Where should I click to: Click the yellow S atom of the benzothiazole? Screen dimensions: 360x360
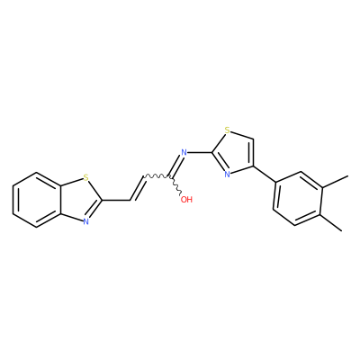point(86,178)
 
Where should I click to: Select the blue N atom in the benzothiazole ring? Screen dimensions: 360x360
point(86,221)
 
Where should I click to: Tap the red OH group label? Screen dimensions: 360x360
point(186,200)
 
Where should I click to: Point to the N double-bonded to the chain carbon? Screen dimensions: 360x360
point(184,152)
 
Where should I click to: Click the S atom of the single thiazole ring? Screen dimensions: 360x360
point(228,130)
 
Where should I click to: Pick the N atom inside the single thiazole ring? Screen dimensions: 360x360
point(228,174)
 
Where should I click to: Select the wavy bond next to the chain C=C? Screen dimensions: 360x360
point(158,175)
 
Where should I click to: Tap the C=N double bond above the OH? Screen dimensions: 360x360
point(176,165)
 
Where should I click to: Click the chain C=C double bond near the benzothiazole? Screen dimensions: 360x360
point(138,187)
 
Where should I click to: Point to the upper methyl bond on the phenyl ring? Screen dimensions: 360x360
point(336,182)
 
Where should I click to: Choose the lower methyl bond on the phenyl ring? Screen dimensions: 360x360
point(332,222)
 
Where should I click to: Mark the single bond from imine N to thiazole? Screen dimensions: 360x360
point(200,152)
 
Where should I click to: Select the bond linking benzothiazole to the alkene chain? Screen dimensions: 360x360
point(117,200)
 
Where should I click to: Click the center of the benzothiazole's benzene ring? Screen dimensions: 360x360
point(37,200)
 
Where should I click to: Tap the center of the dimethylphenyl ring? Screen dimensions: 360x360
point(299,198)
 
